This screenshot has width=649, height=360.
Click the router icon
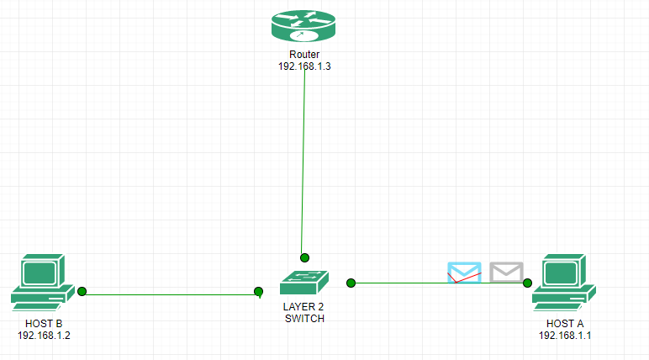303,25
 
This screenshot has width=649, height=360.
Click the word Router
304,55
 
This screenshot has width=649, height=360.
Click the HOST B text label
43,324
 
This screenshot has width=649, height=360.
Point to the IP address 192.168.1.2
43,335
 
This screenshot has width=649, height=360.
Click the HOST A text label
564,324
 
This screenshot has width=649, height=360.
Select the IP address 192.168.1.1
564,335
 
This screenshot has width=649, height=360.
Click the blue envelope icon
464,272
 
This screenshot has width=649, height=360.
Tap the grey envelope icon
506,272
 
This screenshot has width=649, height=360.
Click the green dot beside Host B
82,292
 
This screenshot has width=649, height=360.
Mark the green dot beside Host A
528,283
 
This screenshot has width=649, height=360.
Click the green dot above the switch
304,257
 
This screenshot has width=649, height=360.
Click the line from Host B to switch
168,294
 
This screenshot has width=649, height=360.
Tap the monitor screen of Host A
562,273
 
